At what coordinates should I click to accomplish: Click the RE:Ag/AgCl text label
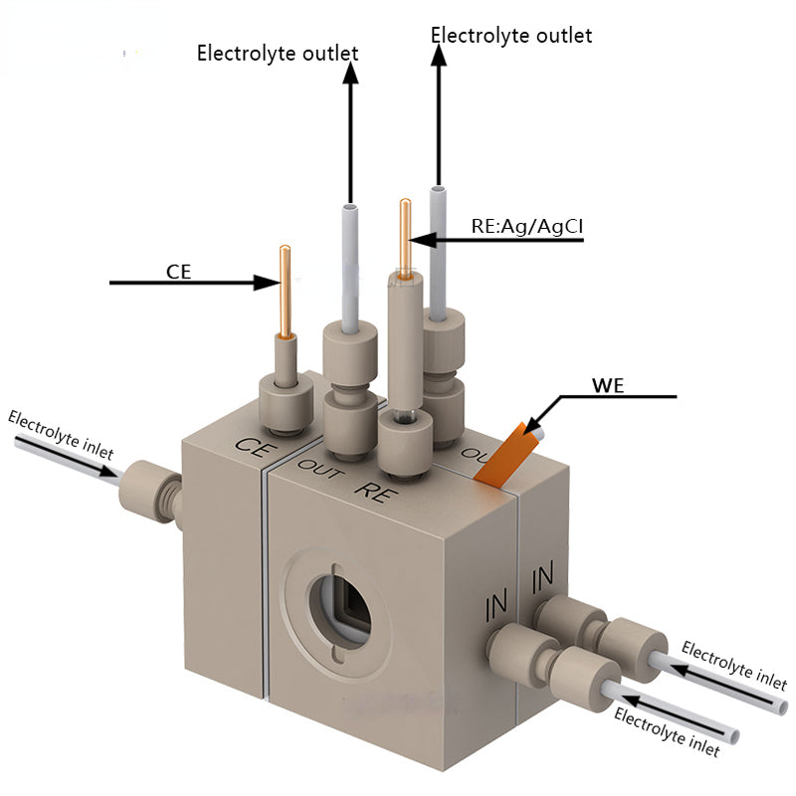(x=526, y=226)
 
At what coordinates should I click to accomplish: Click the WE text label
(x=608, y=385)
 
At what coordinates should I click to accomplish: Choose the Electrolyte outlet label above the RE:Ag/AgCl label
(x=510, y=36)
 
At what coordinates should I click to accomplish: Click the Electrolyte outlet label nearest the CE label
(x=278, y=53)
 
